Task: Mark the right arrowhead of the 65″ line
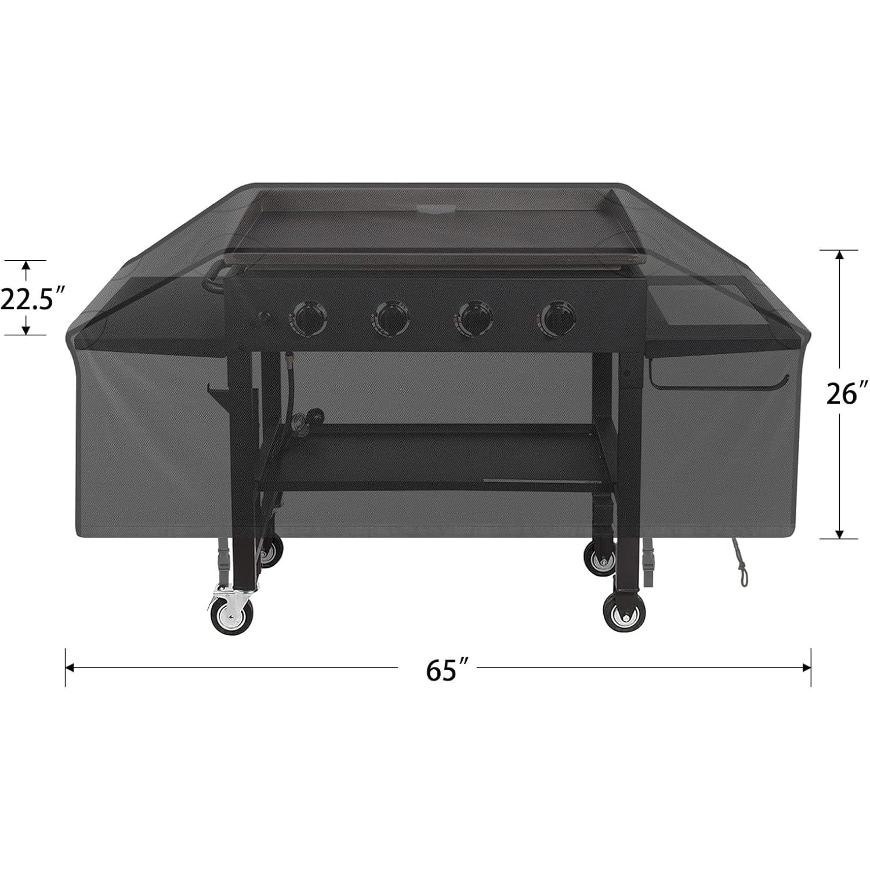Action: point(807,668)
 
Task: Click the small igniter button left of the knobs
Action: point(266,318)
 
